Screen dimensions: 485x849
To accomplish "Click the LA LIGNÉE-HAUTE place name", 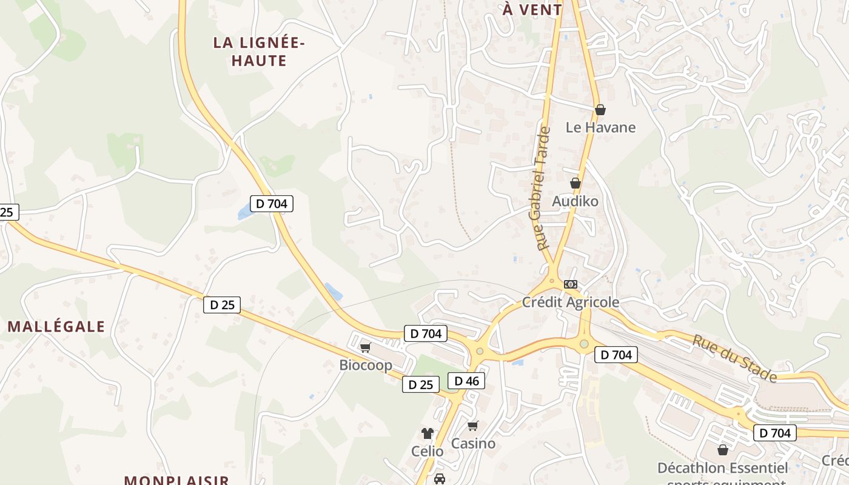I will [259, 52].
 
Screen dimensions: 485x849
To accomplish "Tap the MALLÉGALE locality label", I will [56, 327].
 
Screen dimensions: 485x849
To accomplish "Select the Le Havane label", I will [600, 127].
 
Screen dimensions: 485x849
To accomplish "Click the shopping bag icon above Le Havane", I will [600, 110].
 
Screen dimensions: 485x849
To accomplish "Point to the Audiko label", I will [575, 201].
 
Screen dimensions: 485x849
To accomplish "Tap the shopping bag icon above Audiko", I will [576, 182].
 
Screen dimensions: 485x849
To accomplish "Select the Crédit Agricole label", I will [571, 302].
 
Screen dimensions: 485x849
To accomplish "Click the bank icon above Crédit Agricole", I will [571, 284].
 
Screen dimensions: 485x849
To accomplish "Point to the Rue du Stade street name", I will [734, 358].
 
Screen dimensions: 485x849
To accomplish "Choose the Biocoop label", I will [366, 365].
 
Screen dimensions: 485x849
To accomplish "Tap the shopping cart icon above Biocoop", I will [365, 347].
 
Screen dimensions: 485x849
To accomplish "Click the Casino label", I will [473, 443].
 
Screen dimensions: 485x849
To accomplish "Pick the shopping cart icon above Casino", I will [473, 426].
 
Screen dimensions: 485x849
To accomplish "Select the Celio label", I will [427, 451].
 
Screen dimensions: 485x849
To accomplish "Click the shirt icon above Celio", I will [428, 433].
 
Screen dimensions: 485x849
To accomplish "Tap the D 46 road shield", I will [466, 381].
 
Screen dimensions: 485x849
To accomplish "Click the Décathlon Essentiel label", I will [723, 468].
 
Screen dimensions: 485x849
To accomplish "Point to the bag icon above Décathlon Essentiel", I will [722, 450].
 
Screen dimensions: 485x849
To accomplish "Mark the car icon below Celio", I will [440, 479].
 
